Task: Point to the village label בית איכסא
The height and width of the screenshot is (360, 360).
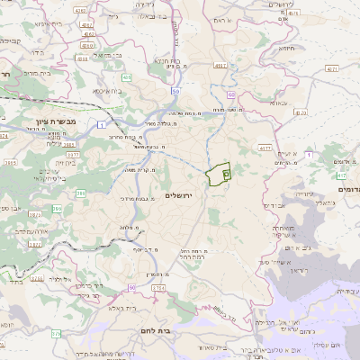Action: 107,90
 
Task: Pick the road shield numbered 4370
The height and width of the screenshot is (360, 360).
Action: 300,113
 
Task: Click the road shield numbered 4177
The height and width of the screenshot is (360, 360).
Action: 264,147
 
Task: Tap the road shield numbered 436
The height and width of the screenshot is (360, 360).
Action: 127,78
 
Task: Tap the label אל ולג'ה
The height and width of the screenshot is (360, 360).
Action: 62,280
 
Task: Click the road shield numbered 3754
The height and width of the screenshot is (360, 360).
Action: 159,287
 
